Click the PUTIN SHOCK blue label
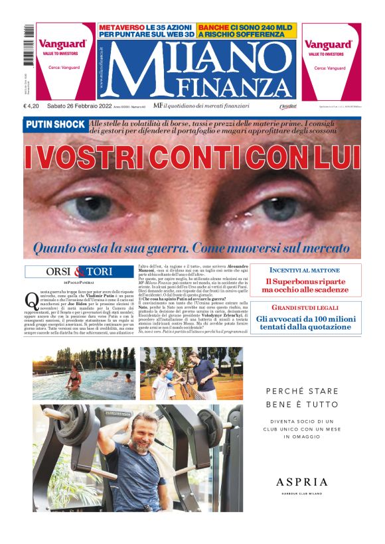(55, 125)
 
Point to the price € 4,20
(32, 106)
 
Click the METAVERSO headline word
(122, 27)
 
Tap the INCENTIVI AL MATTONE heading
(315, 271)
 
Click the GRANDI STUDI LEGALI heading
(315, 308)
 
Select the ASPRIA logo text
(302, 482)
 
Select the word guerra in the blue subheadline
(161, 248)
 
